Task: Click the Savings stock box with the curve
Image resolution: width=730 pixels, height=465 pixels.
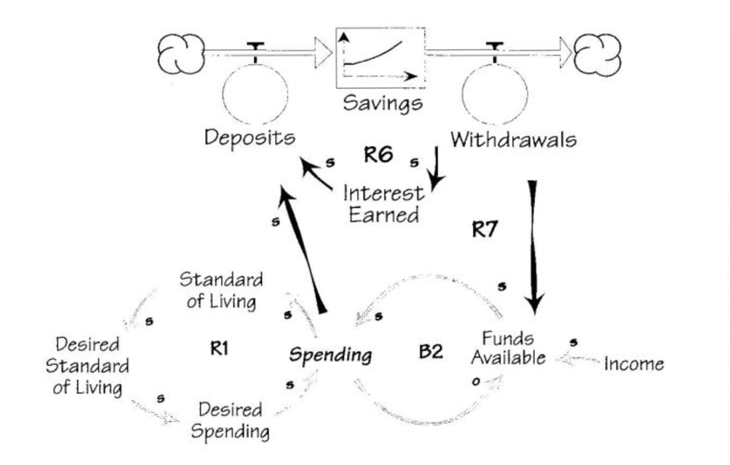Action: pos(380,57)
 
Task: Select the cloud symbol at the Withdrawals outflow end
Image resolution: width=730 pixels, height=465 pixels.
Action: pos(597,53)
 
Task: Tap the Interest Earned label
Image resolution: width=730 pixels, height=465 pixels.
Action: pos(384,204)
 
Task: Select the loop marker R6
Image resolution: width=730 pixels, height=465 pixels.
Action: pos(378,155)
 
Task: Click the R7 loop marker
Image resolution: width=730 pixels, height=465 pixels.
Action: pos(486,230)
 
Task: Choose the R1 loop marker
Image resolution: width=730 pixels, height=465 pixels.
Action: pos(220,346)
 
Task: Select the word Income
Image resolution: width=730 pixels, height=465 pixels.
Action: pos(634,364)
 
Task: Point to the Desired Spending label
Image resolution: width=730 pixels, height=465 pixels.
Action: pos(232,420)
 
